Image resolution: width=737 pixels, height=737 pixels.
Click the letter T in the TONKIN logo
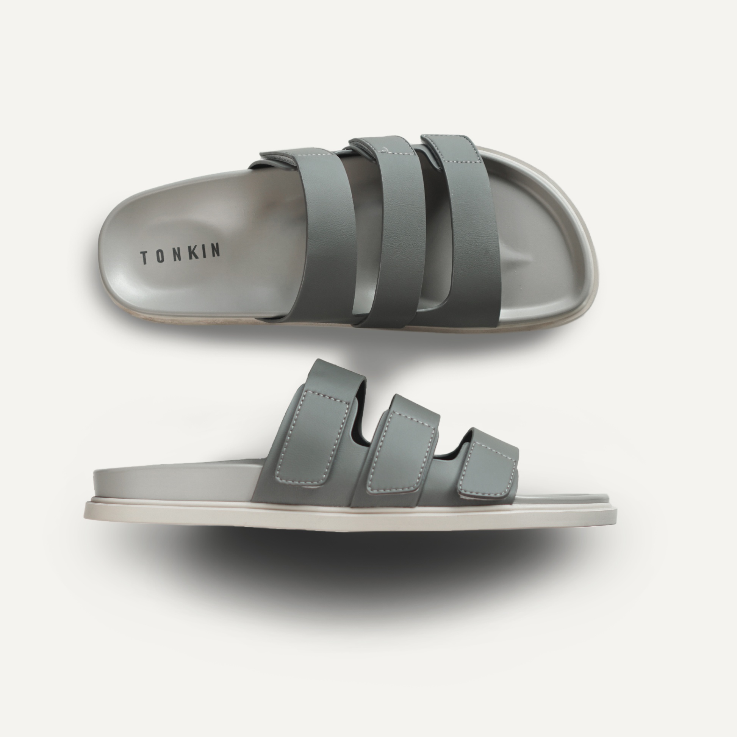click(x=145, y=258)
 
